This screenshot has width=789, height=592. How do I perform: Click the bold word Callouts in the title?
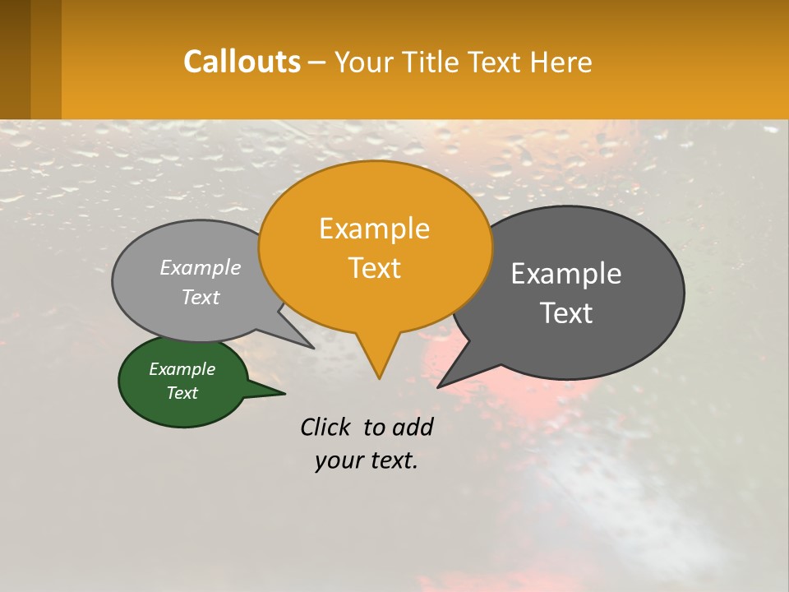242,62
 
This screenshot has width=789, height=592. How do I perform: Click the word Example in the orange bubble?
374,229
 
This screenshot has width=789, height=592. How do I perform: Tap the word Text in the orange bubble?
375,268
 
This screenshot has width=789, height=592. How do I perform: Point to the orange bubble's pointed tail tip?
379,377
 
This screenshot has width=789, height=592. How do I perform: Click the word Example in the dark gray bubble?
566,274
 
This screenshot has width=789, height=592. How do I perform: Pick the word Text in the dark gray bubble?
566,313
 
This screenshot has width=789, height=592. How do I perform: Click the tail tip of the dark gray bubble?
439,386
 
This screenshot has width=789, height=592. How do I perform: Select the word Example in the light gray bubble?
201,267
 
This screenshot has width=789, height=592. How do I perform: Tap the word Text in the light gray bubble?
201,297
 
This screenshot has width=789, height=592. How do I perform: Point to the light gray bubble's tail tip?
312,348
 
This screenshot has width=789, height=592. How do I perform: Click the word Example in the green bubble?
182,369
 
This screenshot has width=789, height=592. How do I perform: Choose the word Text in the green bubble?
182,393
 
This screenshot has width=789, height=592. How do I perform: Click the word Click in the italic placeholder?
327,427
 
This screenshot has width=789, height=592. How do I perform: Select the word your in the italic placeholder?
337,460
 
